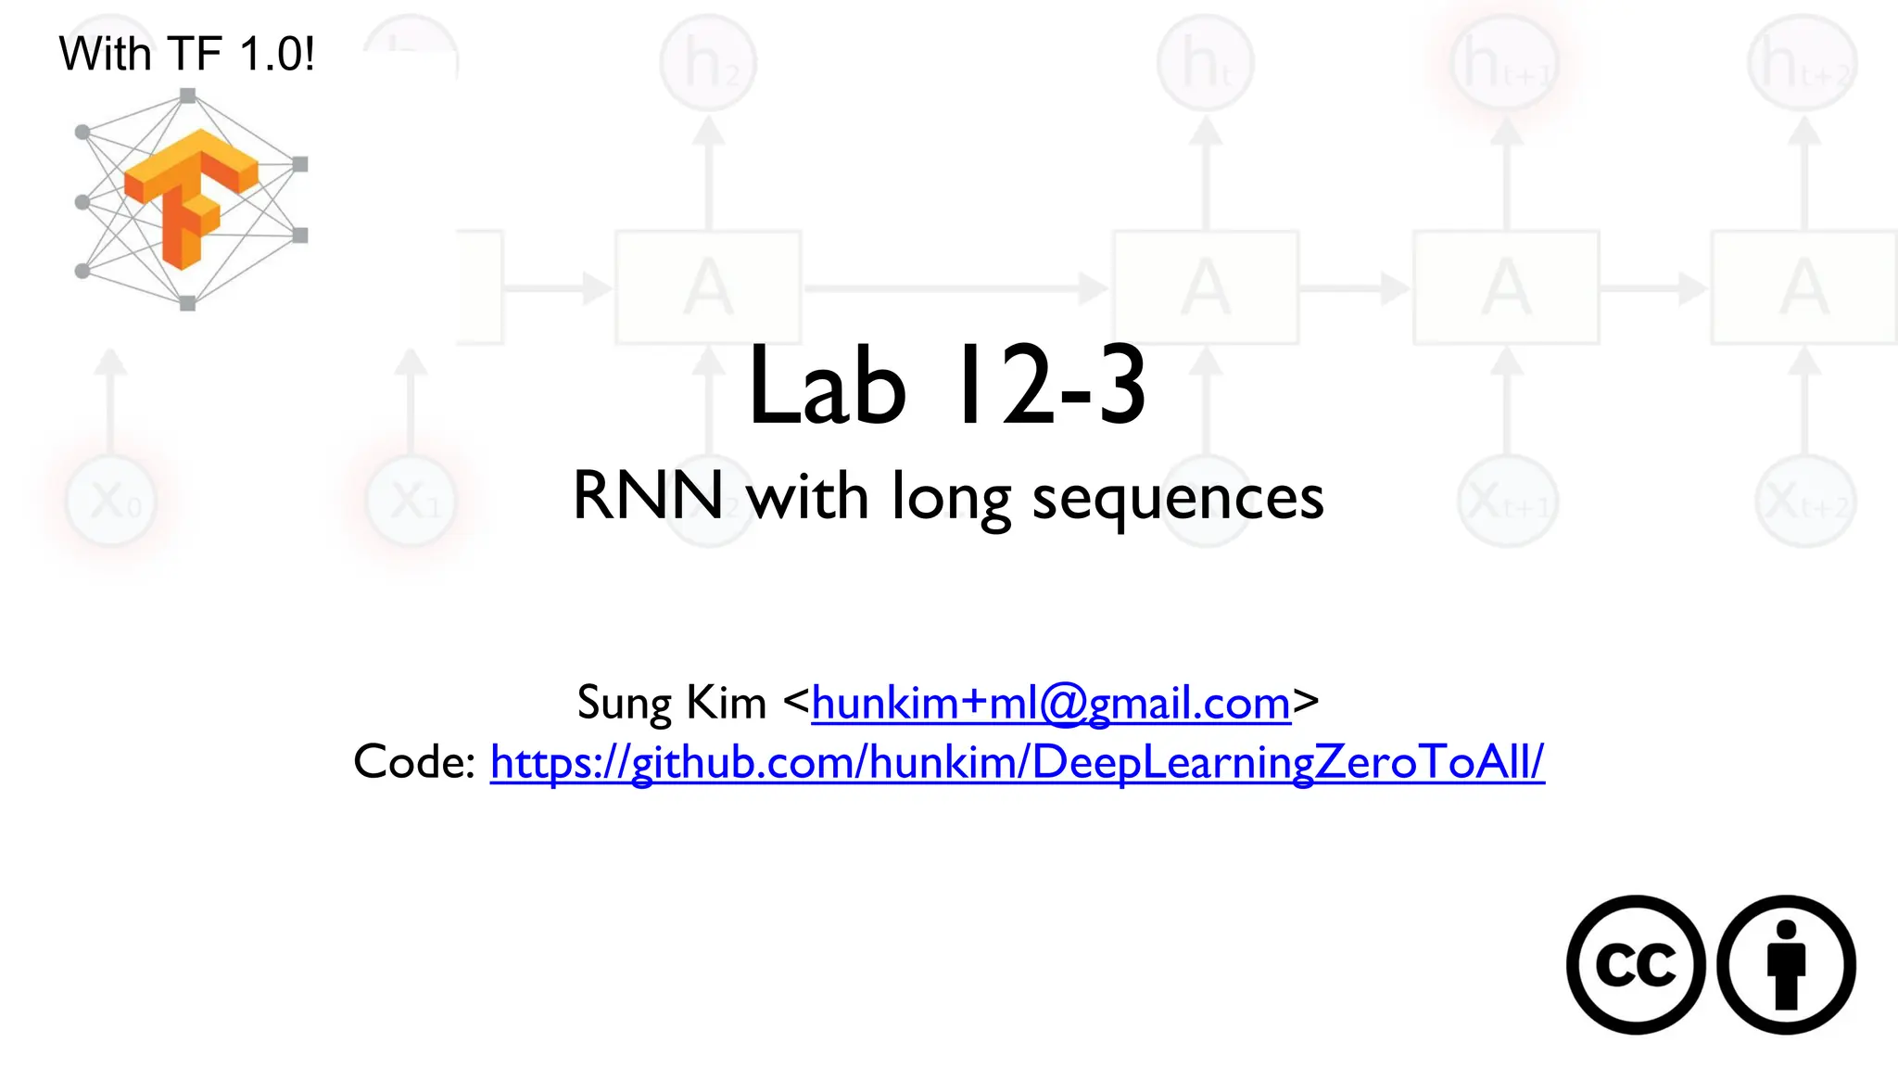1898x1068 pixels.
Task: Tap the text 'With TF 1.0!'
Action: pyautogui.click(x=186, y=54)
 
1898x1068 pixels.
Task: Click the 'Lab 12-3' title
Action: pyautogui.click(x=947, y=386)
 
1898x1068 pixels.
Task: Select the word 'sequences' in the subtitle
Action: pyautogui.click(x=1178, y=497)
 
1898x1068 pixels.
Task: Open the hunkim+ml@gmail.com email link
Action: pyautogui.click(x=1051, y=703)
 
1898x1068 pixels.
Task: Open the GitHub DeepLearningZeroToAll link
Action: pyautogui.click(x=1017, y=762)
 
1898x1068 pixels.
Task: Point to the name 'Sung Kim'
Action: pyautogui.click(x=672, y=703)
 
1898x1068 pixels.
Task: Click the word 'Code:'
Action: pyautogui.click(x=414, y=762)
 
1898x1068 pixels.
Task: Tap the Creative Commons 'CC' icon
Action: pyautogui.click(x=1636, y=964)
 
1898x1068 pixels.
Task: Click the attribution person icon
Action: pyautogui.click(x=1786, y=964)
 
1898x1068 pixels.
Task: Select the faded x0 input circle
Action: pyautogui.click(x=111, y=502)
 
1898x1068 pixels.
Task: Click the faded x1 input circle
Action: pyautogui.click(x=411, y=502)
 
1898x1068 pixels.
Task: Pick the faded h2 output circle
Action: pyautogui.click(x=709, y=63)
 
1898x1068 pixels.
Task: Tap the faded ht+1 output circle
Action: pyautogui.click(x=1506, y=63)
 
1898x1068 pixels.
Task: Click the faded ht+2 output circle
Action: pyautogui.click(x=1803, y=63)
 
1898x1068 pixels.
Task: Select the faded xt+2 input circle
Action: pyautogui.click(x=1804, y=502)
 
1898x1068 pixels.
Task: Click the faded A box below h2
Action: pyautogui.click(x=709, y=287)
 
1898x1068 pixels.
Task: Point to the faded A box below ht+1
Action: pyautogui.click(x=1506, y=287)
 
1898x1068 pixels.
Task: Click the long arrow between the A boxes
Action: pyautogui.click(x=955, y=287)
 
